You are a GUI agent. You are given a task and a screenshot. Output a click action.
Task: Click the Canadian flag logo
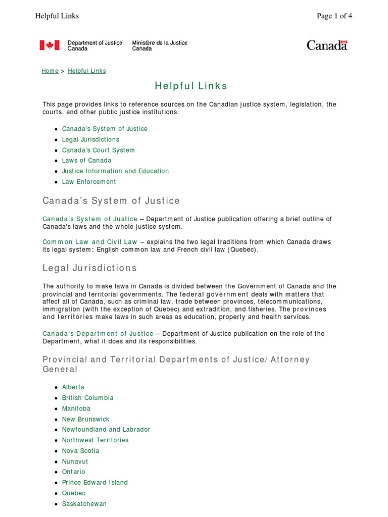[50, 45]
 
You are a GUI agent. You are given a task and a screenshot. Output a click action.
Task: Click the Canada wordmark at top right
[327, 45]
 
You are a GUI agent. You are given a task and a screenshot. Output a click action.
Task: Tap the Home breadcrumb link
[50, 71]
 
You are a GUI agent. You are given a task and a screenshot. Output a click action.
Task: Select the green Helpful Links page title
[191, 86]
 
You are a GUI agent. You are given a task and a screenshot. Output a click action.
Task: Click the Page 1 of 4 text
[334, 16]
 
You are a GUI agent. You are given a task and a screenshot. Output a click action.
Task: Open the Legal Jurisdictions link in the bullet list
[90, 139]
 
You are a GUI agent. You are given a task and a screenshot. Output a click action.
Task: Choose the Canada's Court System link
[98, 150]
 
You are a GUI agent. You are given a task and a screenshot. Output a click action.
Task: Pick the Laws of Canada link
[86, 161]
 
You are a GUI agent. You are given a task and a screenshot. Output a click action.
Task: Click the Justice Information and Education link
[115, 171]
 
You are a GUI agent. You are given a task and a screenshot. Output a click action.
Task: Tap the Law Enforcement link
[89, 182]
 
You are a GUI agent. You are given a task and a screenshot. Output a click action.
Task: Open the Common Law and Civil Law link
[90, 242]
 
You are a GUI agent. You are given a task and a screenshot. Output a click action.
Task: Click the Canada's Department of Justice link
[98, 334]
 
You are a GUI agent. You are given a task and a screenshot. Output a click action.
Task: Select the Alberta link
[73, 387]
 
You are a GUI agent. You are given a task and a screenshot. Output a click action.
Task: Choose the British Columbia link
[87, 398]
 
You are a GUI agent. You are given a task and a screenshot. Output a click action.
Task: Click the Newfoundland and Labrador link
[106, 430]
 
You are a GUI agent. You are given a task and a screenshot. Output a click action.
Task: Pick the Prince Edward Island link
[94, 483]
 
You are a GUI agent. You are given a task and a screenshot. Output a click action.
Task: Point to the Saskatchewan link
[84, 504]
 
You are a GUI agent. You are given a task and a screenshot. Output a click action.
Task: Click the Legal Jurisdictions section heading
[89, 268]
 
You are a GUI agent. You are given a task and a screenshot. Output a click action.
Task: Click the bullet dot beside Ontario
[56, 472]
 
